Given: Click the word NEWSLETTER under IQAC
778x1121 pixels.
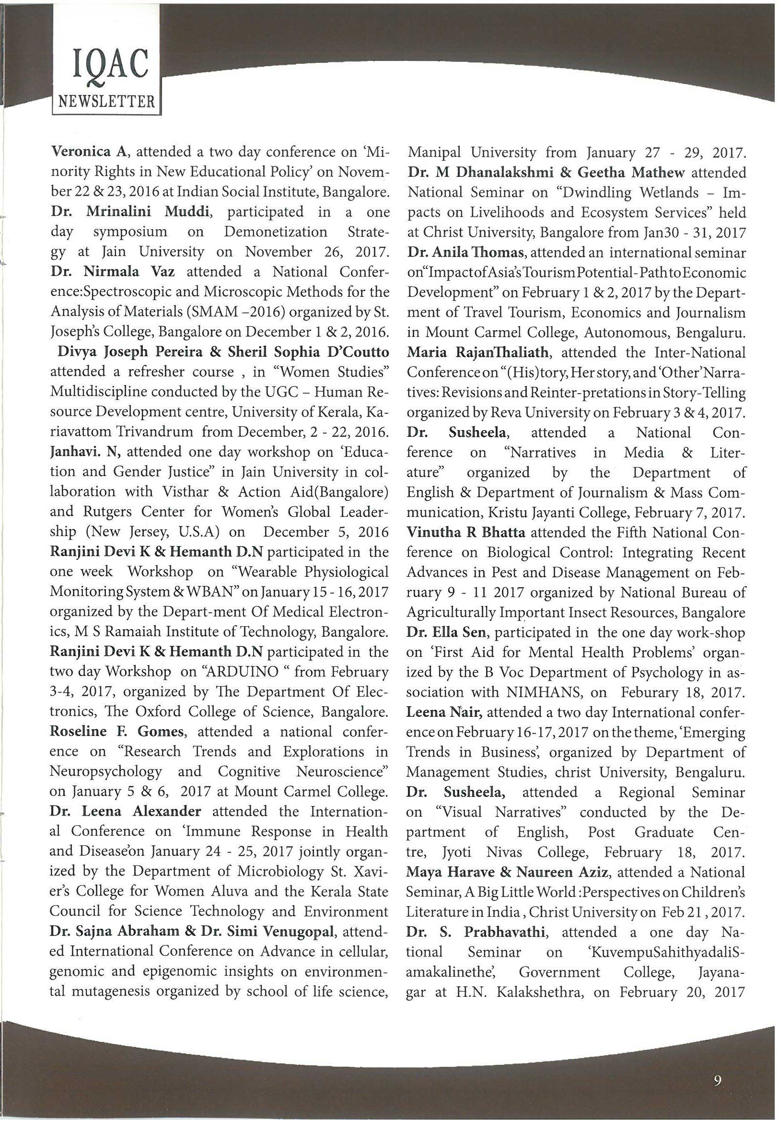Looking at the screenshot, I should pyautogui.click(x=106, y=102).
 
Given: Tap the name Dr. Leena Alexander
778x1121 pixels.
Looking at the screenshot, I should pyautogui.click(x=125, y=811).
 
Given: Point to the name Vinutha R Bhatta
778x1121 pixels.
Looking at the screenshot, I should pyautogui.click(x=465, y=533).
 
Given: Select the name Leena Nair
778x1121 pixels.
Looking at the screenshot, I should pyautogui.click(x=444, y=712).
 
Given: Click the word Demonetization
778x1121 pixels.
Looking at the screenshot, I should pyautogui.click(x=276, y=232).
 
